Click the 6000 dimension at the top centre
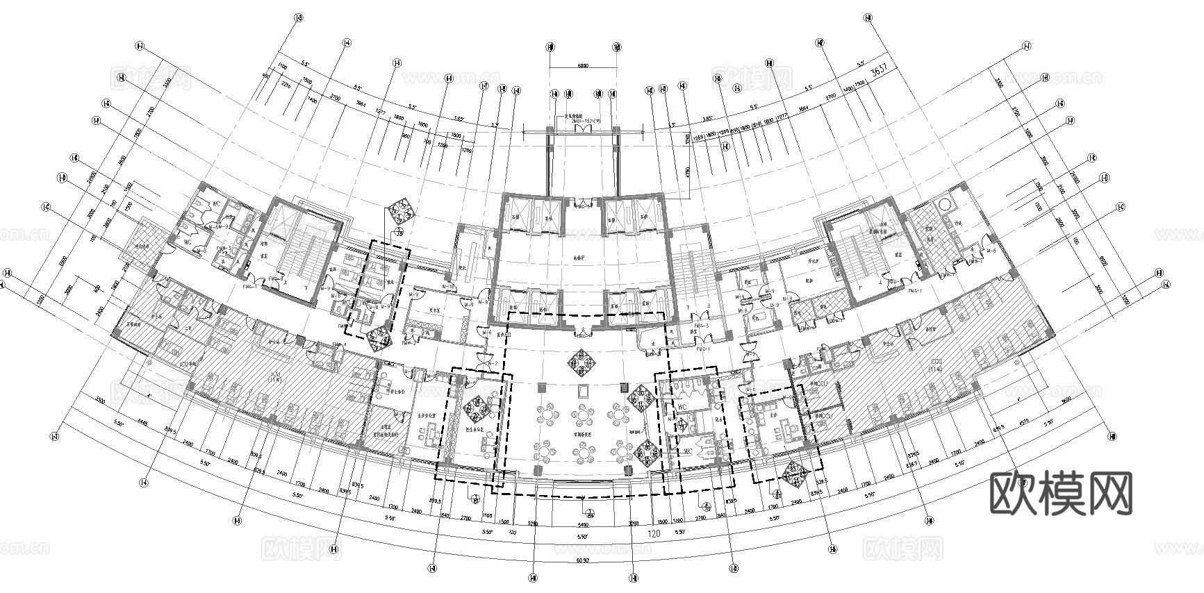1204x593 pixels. (582, 66)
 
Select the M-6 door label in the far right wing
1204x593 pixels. (992, 251)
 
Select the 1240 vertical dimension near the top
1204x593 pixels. (687, 139)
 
